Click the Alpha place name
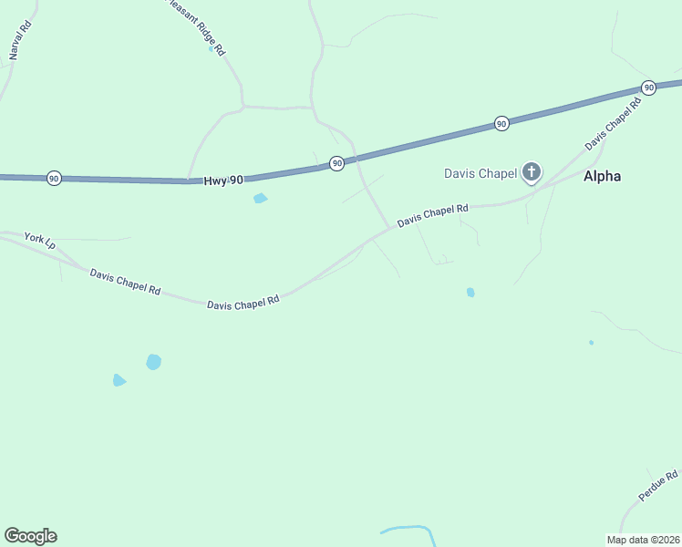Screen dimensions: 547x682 pyautogui.click(x=602, y=176)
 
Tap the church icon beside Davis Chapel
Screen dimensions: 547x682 pyautogui.click(x=532, y=172)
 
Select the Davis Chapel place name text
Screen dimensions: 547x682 pyautogui.click(x=480, y=173)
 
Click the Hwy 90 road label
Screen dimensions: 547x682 pyautogui.click(x=223, y=181)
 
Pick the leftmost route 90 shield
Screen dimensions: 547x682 pyautogui.click(x=54, y=179)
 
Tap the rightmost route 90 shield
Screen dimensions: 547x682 pyautogui.click(x=648, y=88)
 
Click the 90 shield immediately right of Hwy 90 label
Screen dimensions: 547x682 pyautogui.click(x=337, y=163)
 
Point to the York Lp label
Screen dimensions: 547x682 pyautogui.click(x=40, y=242)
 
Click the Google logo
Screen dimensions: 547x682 pyautogui.click(x=30, y=536)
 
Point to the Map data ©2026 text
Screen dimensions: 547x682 pyautogui.click(x=643, y=540)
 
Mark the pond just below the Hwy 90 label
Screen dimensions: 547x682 pyautogui.click(x=261, y=198)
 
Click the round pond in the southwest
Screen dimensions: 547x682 pyautogui.click(x=154, y=362)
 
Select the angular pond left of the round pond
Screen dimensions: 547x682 pyautogui.click(x=119, y=380)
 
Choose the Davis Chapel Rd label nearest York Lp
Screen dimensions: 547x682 pyautogui.click(x=125, y=282)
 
